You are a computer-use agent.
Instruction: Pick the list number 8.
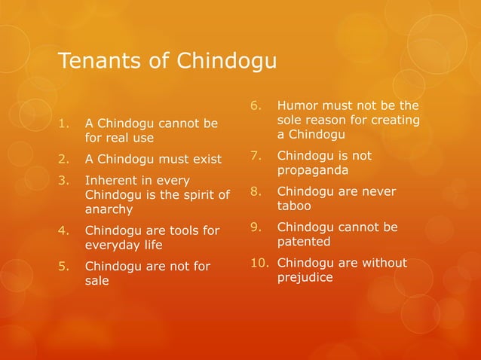255,191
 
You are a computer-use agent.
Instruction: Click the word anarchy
109,209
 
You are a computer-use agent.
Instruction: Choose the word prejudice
305,277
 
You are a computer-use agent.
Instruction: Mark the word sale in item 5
97,280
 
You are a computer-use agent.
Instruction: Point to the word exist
205,159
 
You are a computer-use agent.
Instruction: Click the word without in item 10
383,263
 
